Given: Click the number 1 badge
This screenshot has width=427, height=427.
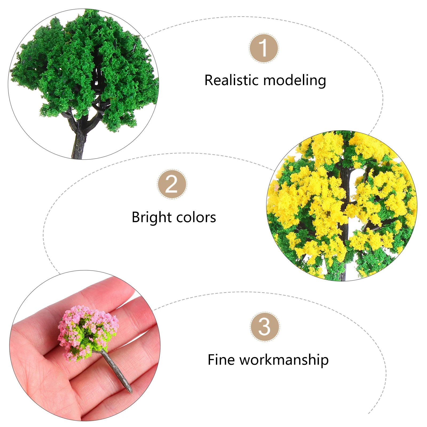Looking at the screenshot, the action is (264, 48).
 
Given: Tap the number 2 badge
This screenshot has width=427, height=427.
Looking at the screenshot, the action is (172, 184).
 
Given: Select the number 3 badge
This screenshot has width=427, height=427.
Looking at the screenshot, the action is (264, 327).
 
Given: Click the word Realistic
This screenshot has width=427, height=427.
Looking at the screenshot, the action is (232, 80).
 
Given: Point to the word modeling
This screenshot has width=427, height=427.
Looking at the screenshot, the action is (295, 81).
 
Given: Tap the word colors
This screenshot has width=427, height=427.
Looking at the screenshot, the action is (196, 218).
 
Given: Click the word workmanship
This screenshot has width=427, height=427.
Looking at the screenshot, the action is (284, 360).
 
